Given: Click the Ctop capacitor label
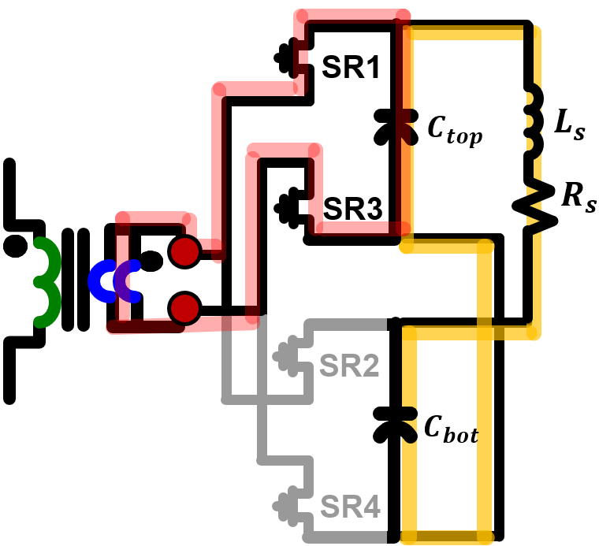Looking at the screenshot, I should pos(455,130).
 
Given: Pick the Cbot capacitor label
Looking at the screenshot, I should pos(451,429).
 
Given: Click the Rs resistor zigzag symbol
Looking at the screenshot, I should pos(532,204).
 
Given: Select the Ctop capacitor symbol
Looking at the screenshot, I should pos(396,124).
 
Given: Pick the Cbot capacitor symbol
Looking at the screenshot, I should pos(396,423).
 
